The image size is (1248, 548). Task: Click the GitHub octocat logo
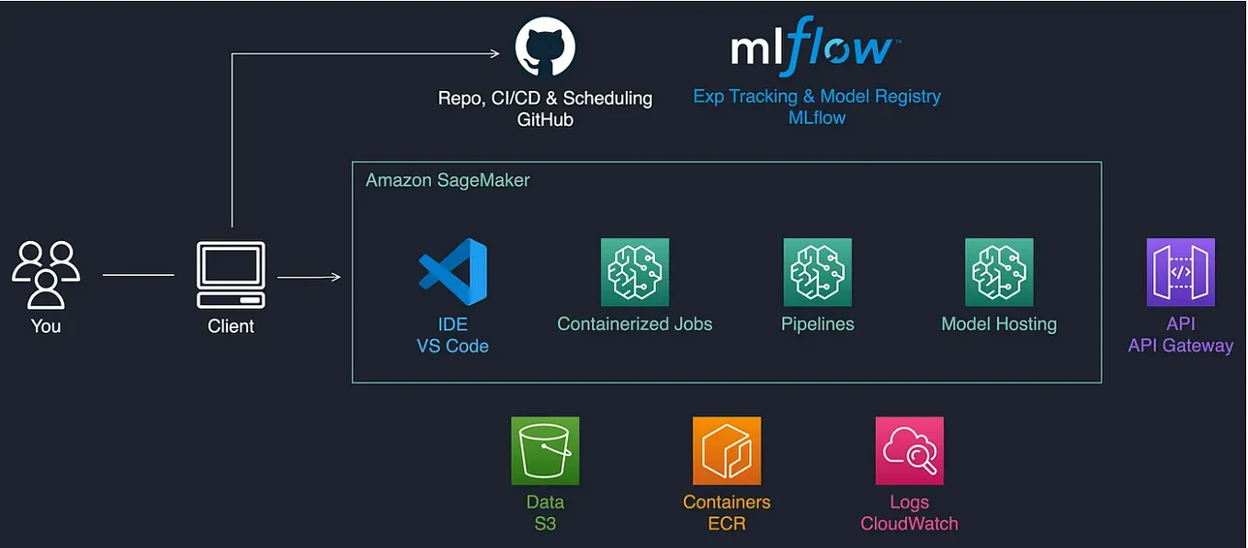(x=545, y=48)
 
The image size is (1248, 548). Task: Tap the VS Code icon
(x=452, y=272)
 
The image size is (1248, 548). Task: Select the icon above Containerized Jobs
(x=634, y=272)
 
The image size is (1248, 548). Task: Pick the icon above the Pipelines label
(x=817, y=272)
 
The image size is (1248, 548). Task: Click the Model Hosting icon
(x=999, y=272)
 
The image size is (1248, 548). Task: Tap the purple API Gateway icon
(x=1180, y=272)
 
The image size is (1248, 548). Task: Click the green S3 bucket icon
(x=545, y=451)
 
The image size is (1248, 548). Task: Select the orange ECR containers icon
(x=726, y=451)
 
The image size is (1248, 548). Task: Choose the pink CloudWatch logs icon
(x=909, y=451)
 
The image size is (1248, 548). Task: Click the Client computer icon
(x=231, y=275)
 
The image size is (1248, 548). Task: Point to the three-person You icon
(x=46, y=274)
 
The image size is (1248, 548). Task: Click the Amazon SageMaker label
(x=448, y=180)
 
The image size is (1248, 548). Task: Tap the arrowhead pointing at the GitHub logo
(x=494, y=53)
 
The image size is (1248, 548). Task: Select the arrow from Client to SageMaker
(x=309, y=276)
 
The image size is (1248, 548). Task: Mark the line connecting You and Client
(x=138, y=275)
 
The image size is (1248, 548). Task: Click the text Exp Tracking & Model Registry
(x=817, y=96)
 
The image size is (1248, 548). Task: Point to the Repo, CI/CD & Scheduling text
(x=545, y=97)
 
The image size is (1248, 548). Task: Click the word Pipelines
(x=817, y=324)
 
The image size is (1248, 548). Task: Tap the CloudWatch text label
(x=909, y=524)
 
